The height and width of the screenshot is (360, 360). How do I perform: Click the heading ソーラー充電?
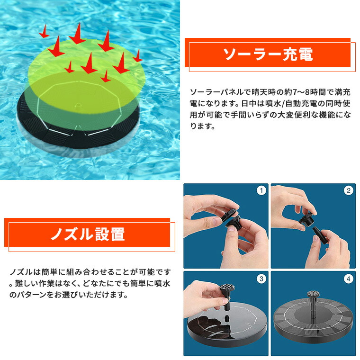[x=268, y=54]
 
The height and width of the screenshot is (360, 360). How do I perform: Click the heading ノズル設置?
[x=88, y=234]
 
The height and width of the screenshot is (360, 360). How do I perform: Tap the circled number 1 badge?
[x=261, y=191]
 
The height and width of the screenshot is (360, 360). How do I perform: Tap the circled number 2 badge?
[x=349, y=191]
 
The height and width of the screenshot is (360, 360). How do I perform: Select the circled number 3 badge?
[x=261, y=279]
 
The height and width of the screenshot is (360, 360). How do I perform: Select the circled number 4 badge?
[x=349, y=279]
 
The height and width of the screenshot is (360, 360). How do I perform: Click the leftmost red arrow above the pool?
[x=44, y=33]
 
